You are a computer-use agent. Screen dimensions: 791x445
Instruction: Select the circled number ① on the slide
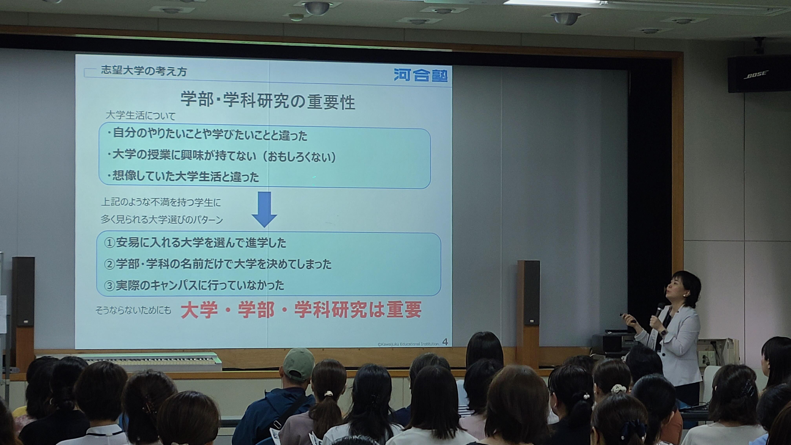(109, 243)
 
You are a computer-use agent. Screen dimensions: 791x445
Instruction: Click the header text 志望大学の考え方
(144, 71)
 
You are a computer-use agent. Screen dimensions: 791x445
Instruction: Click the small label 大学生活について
(140, 116)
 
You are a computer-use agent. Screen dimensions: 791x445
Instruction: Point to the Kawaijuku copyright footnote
(408, 344)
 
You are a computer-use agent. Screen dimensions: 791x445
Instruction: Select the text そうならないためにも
(133, 310)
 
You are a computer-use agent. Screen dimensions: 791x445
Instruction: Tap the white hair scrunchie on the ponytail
(619, 389)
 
